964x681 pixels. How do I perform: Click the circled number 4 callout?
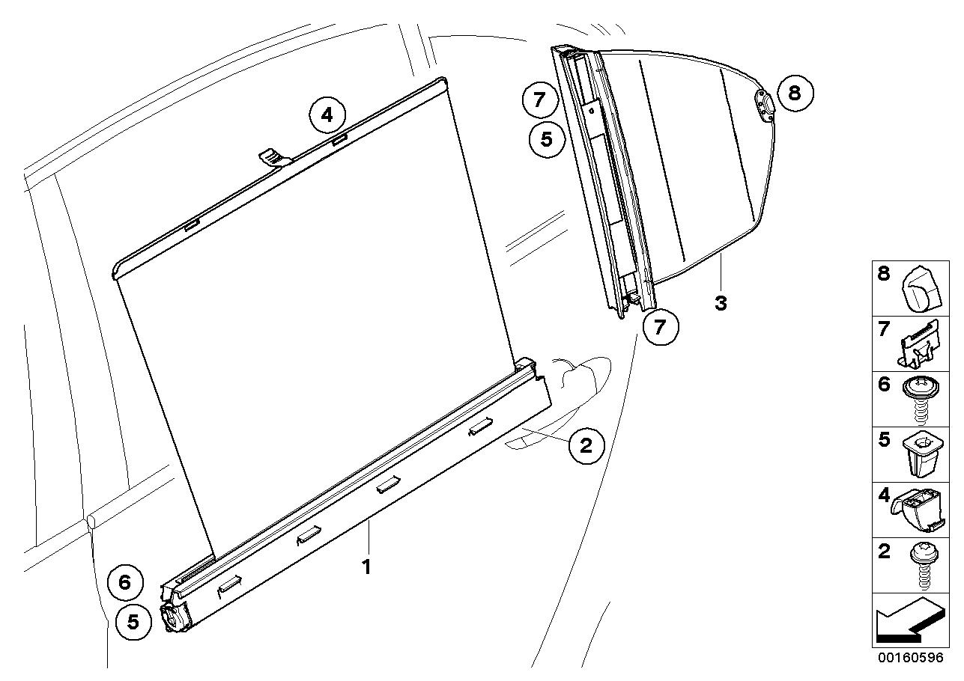[x=327, y=116]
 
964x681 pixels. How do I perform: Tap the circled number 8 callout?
[x=794, y=93]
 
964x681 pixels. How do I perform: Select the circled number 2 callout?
[x=585, y=445]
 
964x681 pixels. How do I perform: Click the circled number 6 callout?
[x=125, y=581]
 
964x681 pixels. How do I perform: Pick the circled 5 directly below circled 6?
[x=133, y=622]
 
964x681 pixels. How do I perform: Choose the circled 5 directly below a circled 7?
[x=547, y=139]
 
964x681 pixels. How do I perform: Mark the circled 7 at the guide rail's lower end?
[x=659, y=327]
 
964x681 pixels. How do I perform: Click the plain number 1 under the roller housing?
[x=367, y=567]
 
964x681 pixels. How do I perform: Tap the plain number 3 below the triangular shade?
[x=720, y=303]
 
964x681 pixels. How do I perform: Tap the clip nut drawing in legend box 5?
[x=921, y=454]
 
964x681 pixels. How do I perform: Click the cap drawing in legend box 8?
[x=921, y=288]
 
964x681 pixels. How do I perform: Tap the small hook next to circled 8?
[x=763, y=104]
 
